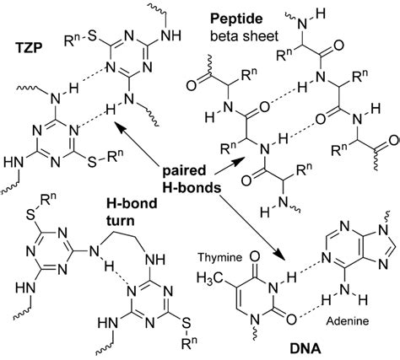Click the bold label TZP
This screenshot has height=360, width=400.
pyautogui.click(x=29, y=49)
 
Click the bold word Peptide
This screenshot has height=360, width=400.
pyautogui.click(x=236, y=19)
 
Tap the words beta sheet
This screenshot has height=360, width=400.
pyautogui.click(x=244, y=36)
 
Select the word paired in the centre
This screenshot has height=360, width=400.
pyautogui.click(x=185, y=171)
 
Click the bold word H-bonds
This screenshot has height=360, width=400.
pyautogui.click(x=192, y=188)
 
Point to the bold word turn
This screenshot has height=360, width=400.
pyautogui.click(x=121, y=220)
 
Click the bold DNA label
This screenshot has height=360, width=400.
pyautogui.click(x=305, y=349)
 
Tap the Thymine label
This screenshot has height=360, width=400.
pyautogui.click(x=219, y=257)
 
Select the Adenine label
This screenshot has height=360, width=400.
pyautogui.click(x=347, y=321)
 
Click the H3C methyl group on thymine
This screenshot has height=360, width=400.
pyautogui.click(x=209, y=278)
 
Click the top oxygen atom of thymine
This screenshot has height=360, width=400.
pyautogui.click(x=254, y=256)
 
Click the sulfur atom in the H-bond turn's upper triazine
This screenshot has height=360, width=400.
pyautogui.click(x=32, y=215)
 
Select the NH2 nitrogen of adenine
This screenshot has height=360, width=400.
pyautogui.click(x=345, y=289)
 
